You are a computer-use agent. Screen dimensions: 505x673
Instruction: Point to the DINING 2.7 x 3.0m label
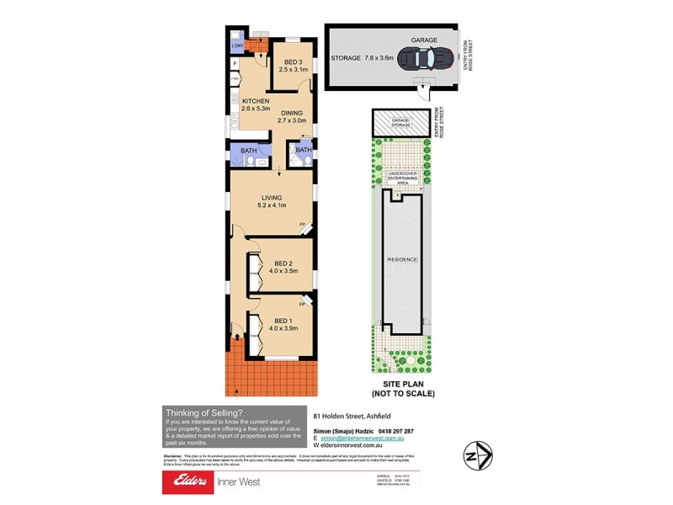coord(292,116)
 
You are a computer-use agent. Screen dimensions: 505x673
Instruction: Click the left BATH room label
coord(248,151)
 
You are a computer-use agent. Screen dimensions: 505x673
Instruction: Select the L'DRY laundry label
coord(237,45)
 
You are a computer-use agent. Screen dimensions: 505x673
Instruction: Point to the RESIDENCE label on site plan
coord(401,259)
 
